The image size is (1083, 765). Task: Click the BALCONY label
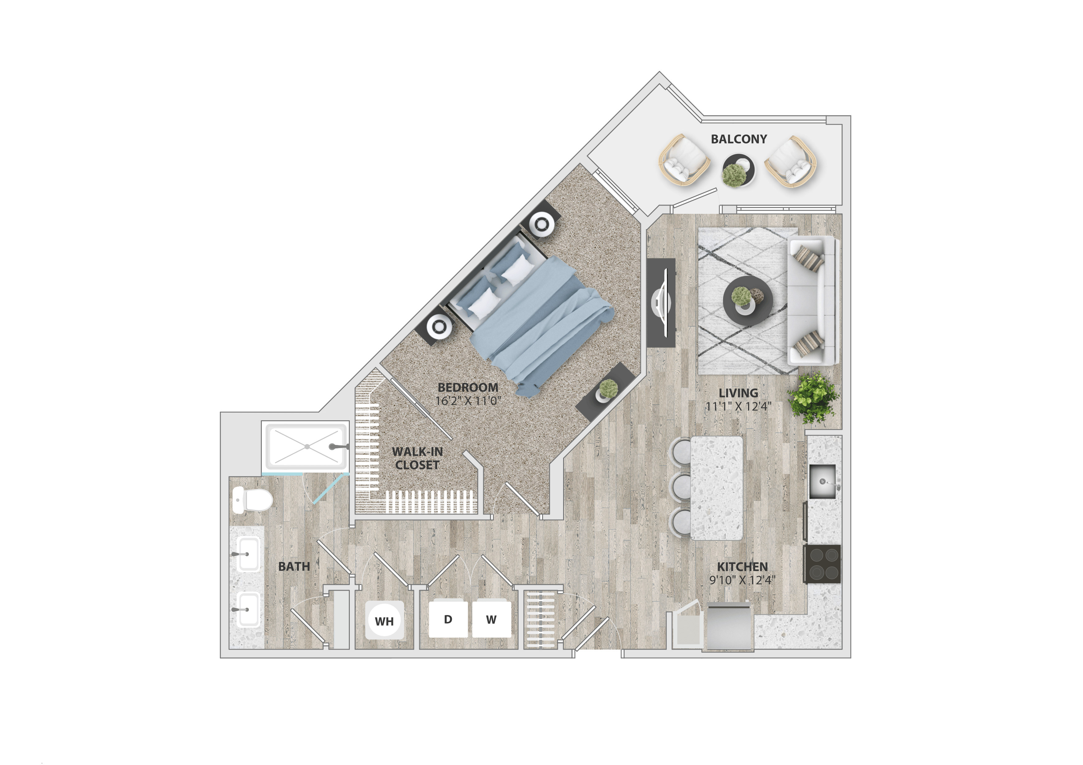pyautogui.click(x=739, y=139)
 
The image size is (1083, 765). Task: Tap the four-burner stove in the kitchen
pyautogui.click(x=822, y=564)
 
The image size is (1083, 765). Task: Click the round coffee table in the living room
pyautogui.click(x=748, y=300)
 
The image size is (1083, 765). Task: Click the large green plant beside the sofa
pyautogui.click(x=813, y=397)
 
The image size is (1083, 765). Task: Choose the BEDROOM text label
pyautogui.click(x=468, y=388)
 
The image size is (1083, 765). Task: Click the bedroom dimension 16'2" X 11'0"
pyautogui.click(x=468, y=401)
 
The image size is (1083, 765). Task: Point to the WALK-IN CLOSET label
pyautogui.click(x=417, y=458)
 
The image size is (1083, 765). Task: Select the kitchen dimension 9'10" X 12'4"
pyautogui.click(x=742, y=580)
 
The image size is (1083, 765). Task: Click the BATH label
pyautogui.click(x=294, y=567)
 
